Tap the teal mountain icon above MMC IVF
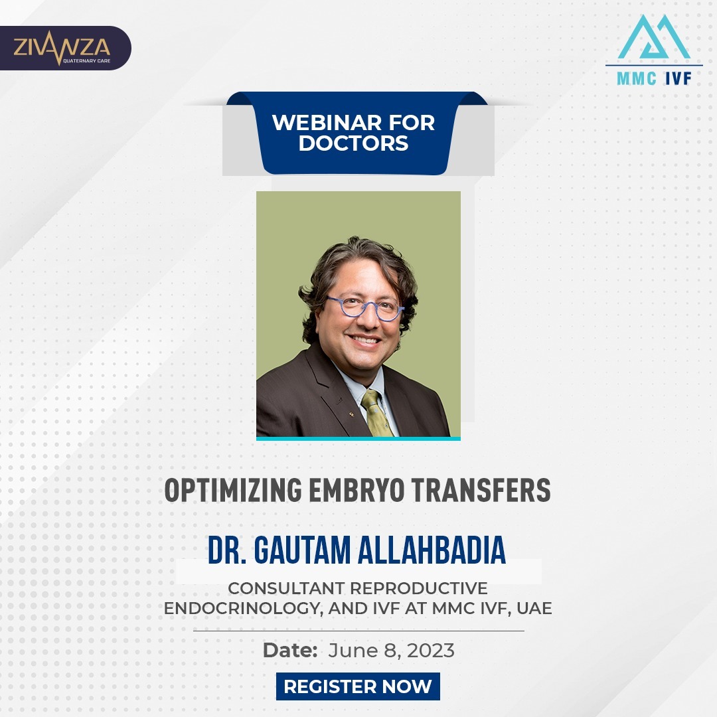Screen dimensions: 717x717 (x=653, y=37)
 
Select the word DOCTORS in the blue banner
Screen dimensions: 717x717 (x=353, y=143)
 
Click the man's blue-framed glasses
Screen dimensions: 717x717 (x=365, y=307)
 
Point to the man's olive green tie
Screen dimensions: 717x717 (x=376, y=413)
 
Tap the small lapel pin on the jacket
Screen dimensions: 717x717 (x=351, y=414)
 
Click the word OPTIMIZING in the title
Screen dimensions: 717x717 (x=233, y=490)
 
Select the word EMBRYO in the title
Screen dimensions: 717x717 (x=357, y=490)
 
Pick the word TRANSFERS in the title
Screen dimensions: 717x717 (x=481, y=490)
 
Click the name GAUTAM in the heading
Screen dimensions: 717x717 (x=302, y=550)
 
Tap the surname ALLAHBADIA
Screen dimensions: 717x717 (x=432, y=550)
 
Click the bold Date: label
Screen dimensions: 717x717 (x=290, y=650)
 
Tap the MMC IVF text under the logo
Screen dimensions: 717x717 (x=654, y=78)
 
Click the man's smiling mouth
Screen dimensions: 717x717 (x=364, y=340)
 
